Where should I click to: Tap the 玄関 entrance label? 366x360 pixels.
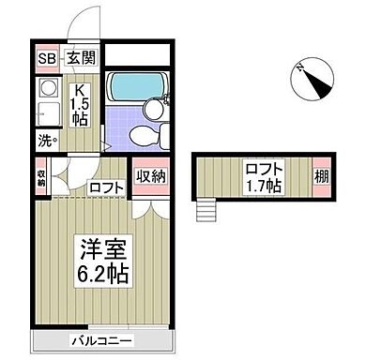click(x=79, y=58)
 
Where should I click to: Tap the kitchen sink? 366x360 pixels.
click(x=47, y=114)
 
